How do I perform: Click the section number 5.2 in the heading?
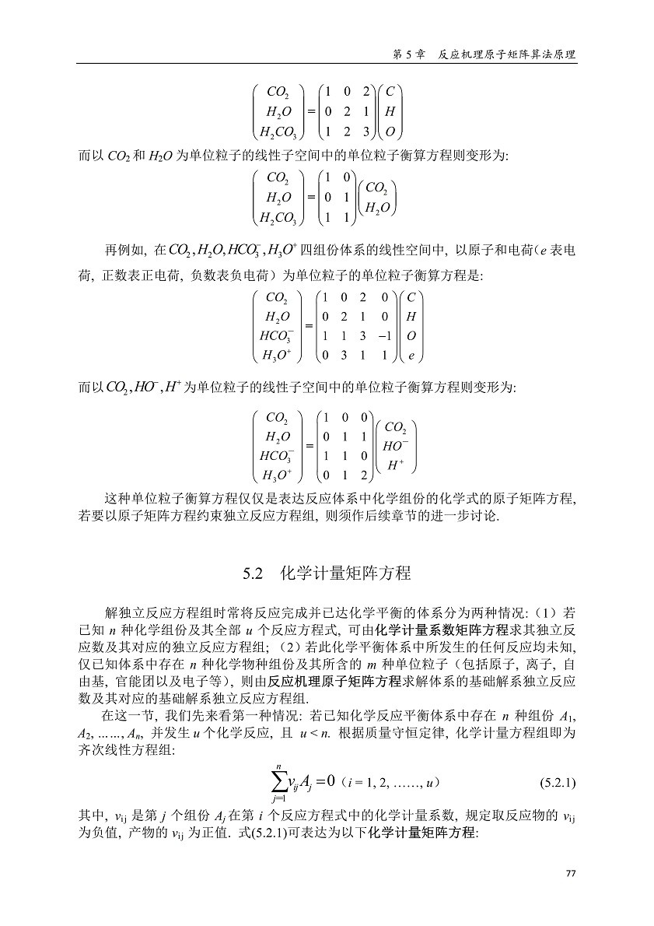click(x=254, y=573)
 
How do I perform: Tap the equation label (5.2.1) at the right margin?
click(x=558, y=780)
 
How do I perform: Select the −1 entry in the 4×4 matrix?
click(x=383, y=335)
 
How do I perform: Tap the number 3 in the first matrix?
click(x=366, y=130)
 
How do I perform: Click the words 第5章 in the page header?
click(x=408, y=55)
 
